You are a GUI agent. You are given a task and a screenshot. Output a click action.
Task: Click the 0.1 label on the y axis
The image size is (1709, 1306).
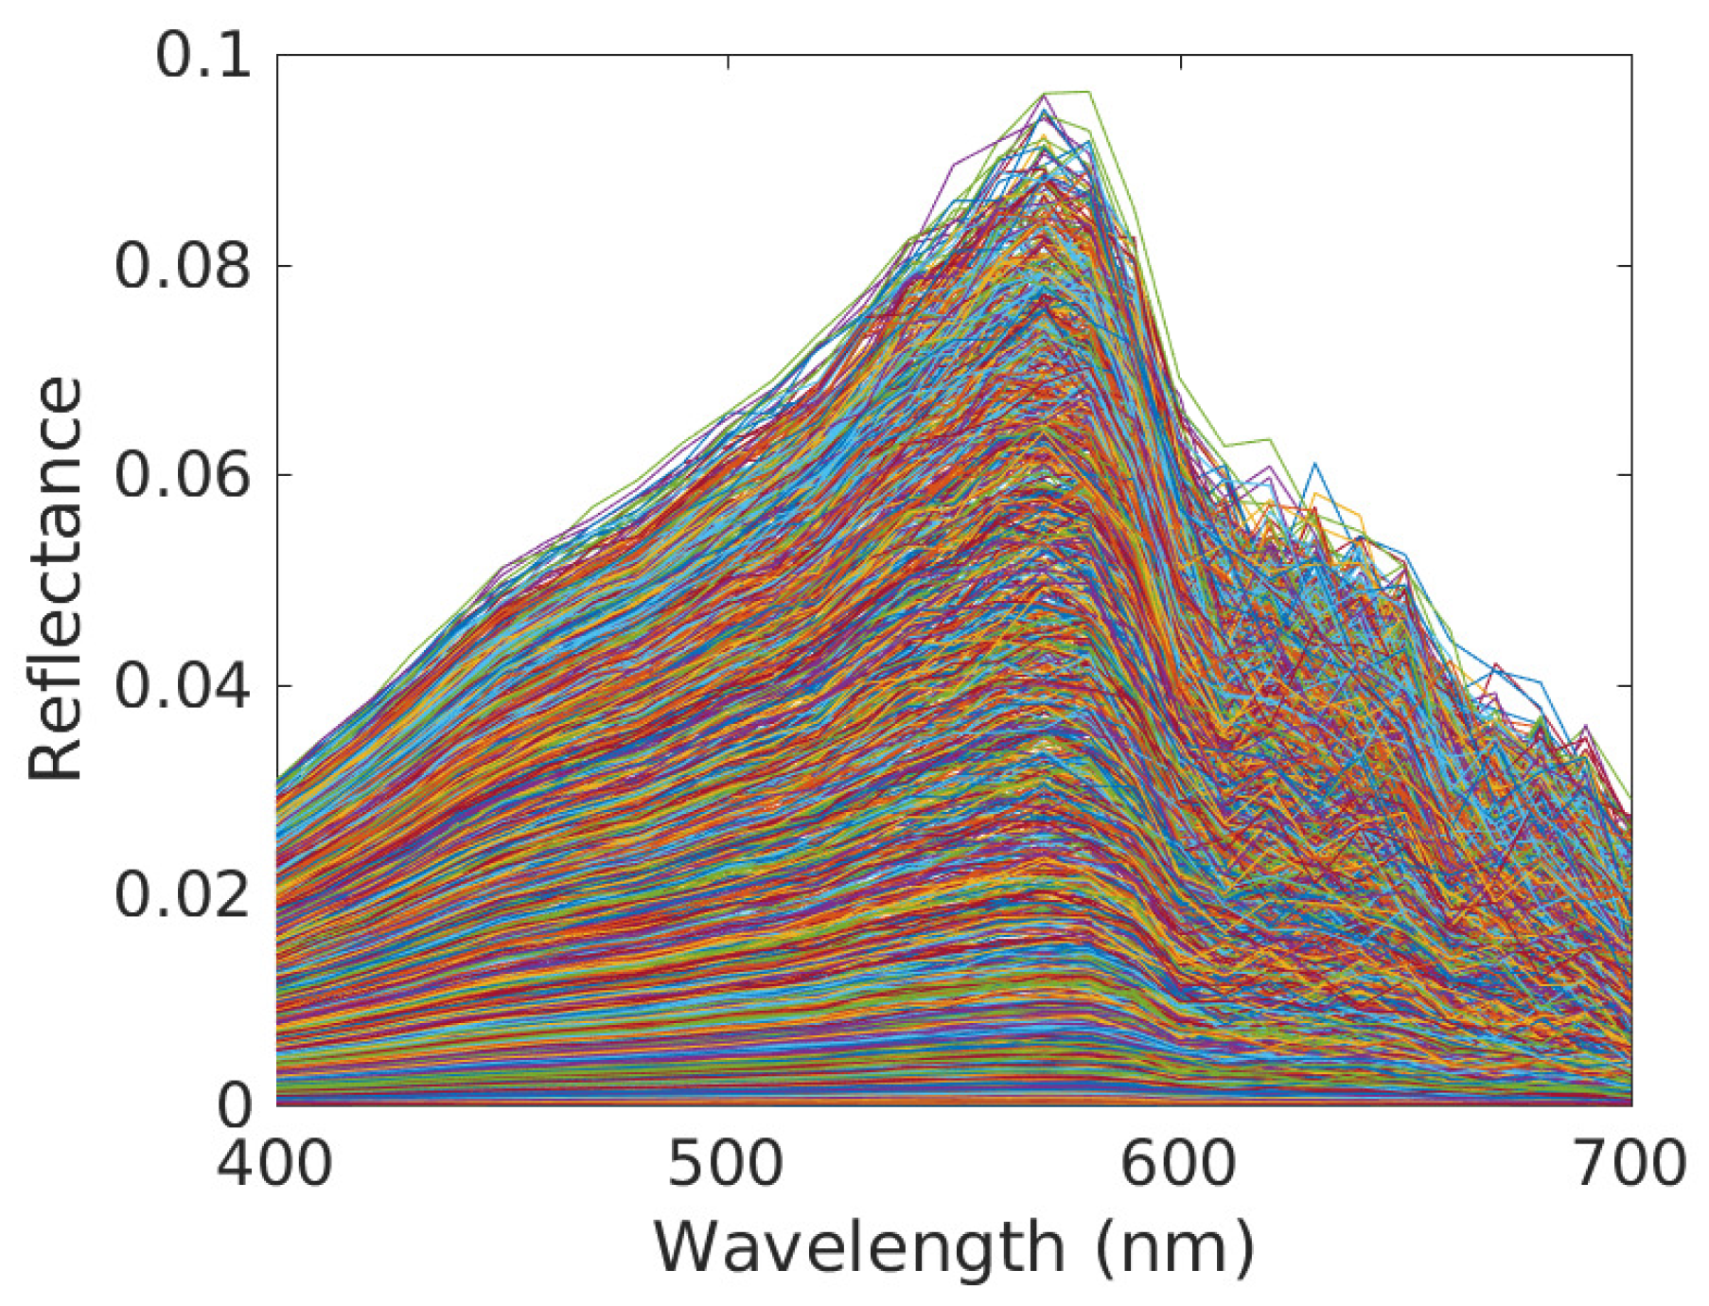pyautogui.click(x=203, y=57)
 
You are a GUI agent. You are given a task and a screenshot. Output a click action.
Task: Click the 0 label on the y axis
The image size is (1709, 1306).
pyautogui.click(x=235, y=1105)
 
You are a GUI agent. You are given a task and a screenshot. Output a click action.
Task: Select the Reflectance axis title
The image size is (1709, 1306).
pyautogui.click(x=55, y=579)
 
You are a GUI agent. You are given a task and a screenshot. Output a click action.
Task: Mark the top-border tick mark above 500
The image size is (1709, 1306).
pyautogui.click(x=728, y=62)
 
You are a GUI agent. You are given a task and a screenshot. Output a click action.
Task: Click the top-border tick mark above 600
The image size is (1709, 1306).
pyautogui.click(x=1180, y=62)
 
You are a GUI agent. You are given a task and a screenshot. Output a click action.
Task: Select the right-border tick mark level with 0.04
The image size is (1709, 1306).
pyautogui.click(x=1625, y=685)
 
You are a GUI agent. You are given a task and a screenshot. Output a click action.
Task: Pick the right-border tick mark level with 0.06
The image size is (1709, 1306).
pyautogui.click(x=1625, y=475)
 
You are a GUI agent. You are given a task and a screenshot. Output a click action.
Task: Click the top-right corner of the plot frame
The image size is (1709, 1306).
pyautogui.click(x=1631, y=55)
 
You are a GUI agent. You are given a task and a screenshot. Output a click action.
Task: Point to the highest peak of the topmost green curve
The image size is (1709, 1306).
pyautogui.click(x=1088, y=92)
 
